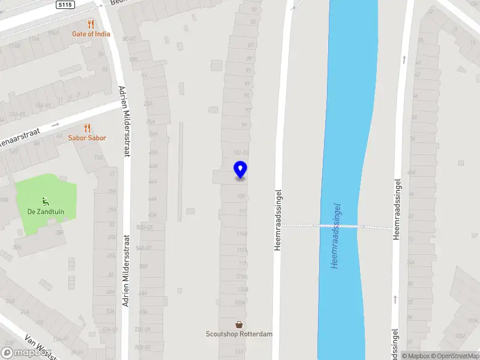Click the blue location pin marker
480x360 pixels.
coord(240,170)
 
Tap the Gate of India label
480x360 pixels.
coord(91,34)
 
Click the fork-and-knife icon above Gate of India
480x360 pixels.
coord(91,24)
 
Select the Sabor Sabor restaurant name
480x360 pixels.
coord(87,138)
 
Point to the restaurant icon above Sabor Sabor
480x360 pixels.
coord(87,128)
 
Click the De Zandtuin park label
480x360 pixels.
coord(46,212)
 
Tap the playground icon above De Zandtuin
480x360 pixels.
coord(46,201)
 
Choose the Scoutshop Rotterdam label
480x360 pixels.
coord(239,334)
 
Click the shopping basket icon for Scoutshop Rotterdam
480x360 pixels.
coord(239,324)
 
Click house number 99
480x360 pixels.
coord(244,125)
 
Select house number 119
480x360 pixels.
coord(242,263)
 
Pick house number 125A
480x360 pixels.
coord(240,302)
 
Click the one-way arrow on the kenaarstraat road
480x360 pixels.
coord(55,125)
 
